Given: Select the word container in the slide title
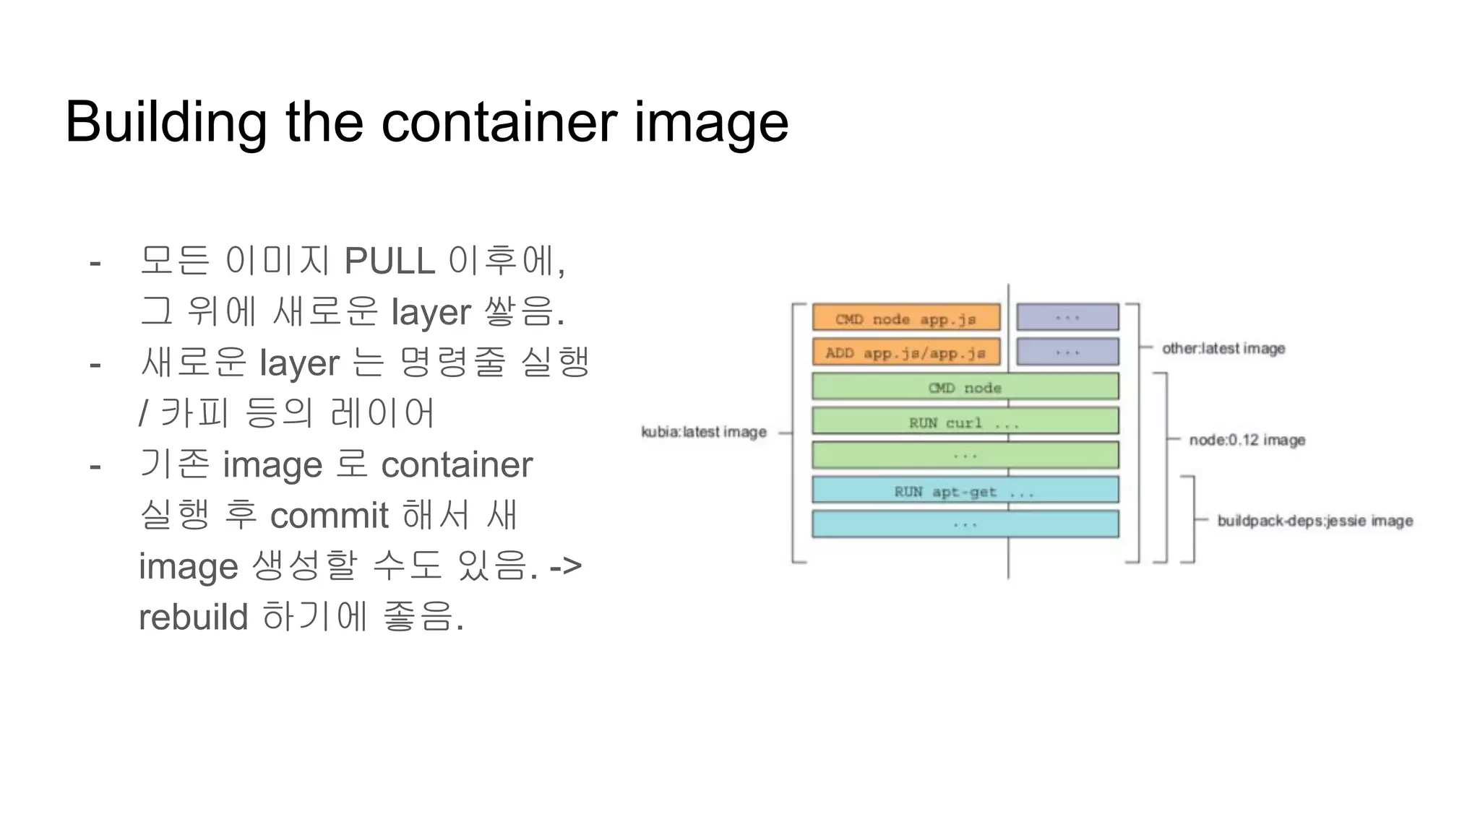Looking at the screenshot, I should click(499, 123).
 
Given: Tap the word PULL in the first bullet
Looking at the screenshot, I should click(390, 261).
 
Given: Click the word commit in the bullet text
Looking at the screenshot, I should click(330, 516).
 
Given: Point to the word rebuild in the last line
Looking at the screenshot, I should click(193, 617).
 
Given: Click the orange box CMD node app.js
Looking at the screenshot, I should click(906, 318).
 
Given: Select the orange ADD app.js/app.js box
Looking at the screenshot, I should click(906, 352).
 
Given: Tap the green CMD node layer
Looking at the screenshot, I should click(965, 387).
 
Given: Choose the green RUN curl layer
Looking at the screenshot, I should click(965, 422).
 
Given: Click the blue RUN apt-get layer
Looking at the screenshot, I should click(965, 490).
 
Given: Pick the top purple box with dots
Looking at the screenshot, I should click(1067, 318).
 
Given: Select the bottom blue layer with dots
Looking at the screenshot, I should click(965, 524).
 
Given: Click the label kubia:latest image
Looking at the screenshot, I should click(704, 432).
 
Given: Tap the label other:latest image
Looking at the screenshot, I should click(1223, 348).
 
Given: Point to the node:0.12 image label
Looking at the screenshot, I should click(1247, 440).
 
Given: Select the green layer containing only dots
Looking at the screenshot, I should click(965, 456).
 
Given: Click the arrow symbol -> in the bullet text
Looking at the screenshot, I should click(565, 566).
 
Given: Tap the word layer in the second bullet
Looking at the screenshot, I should click(299, 363).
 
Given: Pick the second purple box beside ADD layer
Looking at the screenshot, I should click(1067, 352).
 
